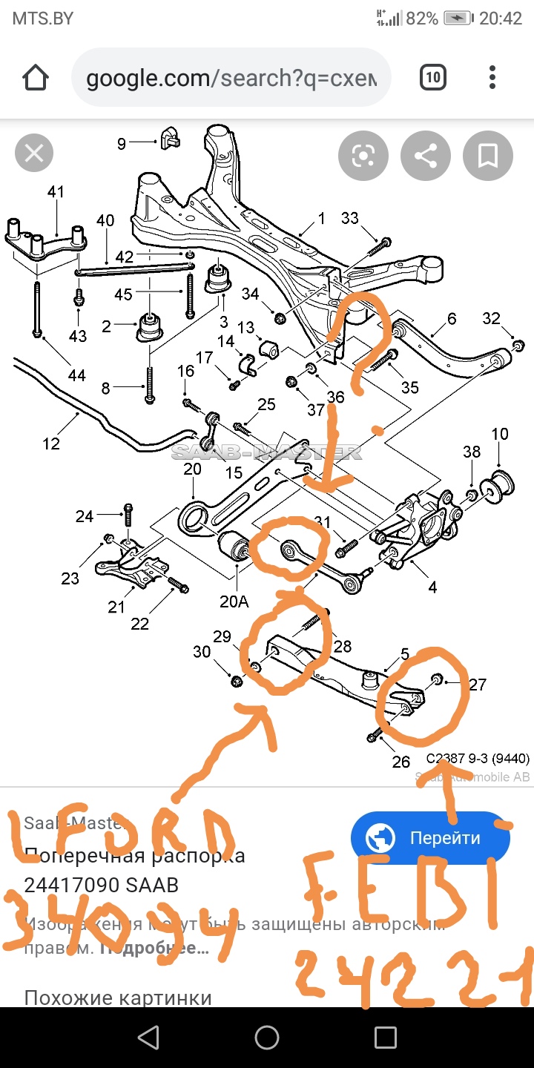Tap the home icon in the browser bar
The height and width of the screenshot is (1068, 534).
point(35,77)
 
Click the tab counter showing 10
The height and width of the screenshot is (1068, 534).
point(432,77)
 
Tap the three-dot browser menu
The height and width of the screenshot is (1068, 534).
point(492,77)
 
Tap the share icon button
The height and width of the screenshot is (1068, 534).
point(426,156)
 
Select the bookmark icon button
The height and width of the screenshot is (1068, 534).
point(487,156)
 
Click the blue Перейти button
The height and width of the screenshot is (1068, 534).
point(430,839)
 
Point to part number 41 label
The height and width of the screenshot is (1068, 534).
point(56,192)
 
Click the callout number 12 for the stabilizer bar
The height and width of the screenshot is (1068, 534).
point(51,444)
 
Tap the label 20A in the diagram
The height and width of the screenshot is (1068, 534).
point(234,601)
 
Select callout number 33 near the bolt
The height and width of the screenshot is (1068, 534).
point(350,218)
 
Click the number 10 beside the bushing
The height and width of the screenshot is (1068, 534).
point(500,434)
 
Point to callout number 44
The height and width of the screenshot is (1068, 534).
point(76,375)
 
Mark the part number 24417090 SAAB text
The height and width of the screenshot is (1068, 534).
point(101,885)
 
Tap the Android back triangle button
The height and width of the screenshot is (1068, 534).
point(148,1037)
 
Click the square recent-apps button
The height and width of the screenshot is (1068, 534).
point(386,1037)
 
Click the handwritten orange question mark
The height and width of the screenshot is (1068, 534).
point(363,341)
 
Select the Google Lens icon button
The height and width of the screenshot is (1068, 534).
point(363,156)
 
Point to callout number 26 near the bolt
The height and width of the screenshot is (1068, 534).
point(400,762)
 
